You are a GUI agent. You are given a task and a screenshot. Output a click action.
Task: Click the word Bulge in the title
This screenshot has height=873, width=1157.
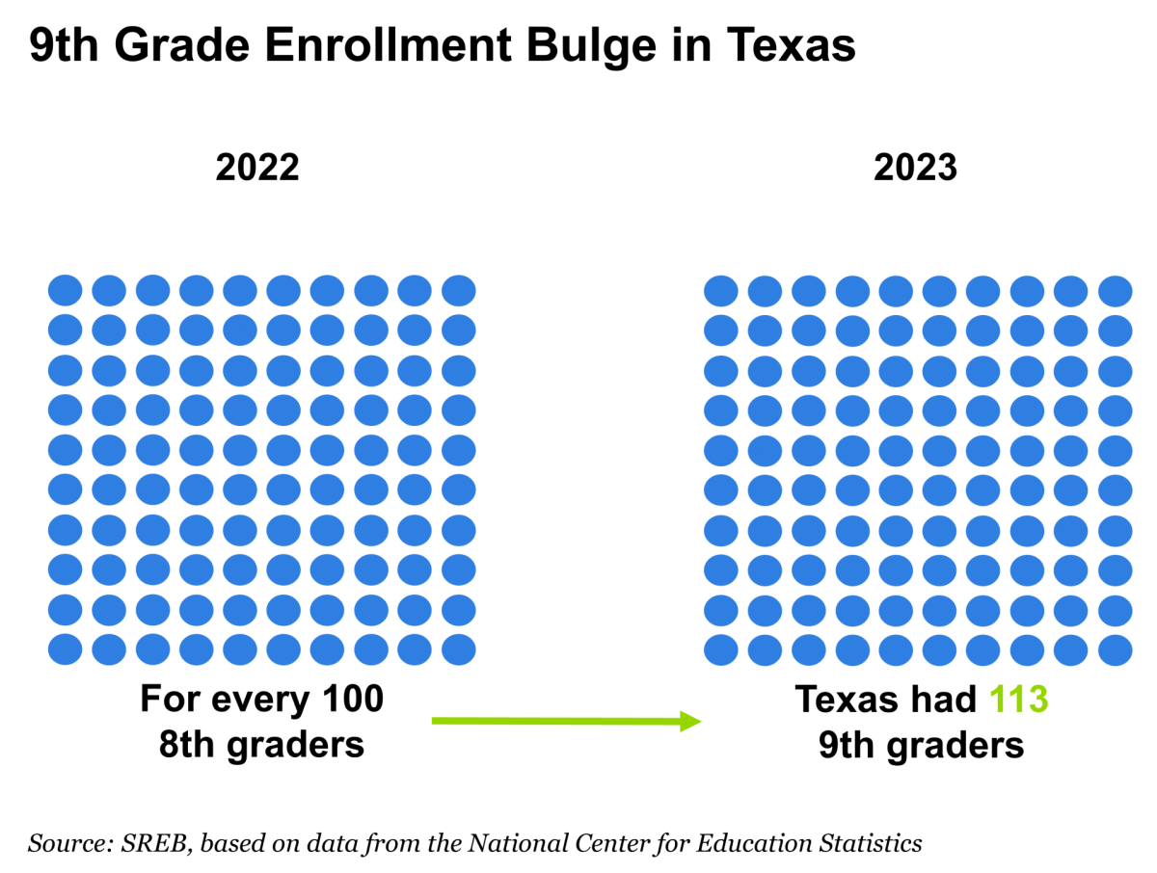(x=591, y=46)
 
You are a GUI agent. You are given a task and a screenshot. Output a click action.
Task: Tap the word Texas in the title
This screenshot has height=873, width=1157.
(x=791, y=44)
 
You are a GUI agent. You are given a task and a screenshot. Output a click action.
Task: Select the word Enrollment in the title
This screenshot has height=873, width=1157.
(x=388, y=44)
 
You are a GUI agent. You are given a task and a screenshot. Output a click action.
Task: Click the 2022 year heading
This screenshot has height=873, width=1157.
(x=257, y=168)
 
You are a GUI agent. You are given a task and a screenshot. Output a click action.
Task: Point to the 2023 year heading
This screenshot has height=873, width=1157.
(x=915, y=168)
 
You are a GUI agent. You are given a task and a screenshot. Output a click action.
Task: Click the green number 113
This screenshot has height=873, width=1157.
(x=1018, y=700)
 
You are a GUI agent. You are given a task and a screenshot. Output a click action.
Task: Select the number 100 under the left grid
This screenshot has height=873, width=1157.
(x=353, y=700)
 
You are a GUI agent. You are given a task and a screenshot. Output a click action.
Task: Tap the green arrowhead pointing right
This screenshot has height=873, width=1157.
(x=690, y=722)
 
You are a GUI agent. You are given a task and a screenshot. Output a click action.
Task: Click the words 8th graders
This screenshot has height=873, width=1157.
(x=261, y=745)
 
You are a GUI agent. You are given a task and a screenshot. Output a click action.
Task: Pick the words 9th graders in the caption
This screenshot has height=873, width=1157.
(x=921, y=745)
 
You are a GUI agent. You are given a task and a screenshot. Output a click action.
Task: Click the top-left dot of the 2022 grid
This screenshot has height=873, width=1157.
(x=65, y=290)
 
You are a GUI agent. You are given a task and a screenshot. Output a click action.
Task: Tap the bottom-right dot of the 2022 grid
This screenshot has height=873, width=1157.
(x=459, y=649)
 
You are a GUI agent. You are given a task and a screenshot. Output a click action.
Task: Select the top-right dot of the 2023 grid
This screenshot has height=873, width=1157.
(x=1116, y=291)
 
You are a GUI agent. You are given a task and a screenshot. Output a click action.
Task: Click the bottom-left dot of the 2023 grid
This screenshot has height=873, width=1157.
(x=721, y=650)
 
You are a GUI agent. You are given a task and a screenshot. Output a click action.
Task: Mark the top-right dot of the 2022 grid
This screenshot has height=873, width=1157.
(x=459, y=290)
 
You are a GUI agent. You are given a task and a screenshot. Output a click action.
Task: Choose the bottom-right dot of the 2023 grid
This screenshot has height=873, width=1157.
(x=1116, y=650)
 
